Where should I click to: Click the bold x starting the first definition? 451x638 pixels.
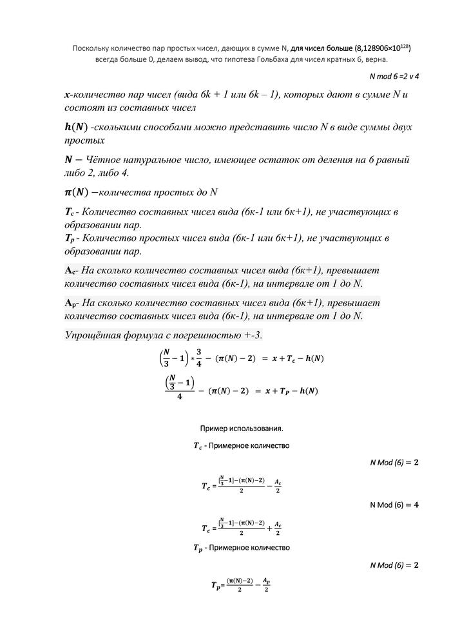tap(67, 95)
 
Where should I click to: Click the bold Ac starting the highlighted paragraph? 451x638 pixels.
tap(72, 269)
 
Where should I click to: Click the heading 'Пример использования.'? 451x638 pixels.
tap(242, 428)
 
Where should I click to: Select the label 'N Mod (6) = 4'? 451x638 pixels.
tap(394, 505)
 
